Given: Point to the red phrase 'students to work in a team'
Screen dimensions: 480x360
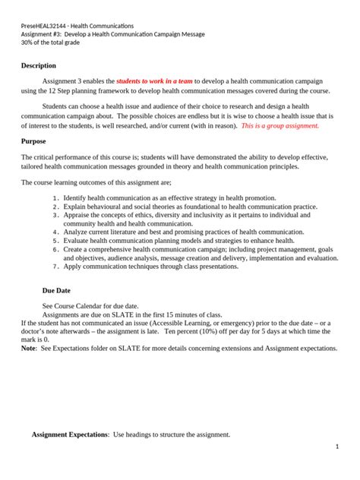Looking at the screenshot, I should (x=154, y=80).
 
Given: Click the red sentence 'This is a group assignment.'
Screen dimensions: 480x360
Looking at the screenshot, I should (x=279, y=126).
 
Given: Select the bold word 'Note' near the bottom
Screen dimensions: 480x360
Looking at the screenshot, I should (x=28, y=348).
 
